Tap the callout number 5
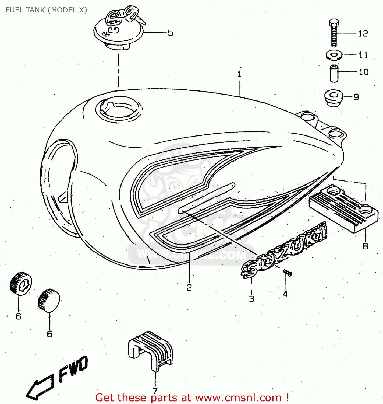pyautogui.click(x=170, y=33)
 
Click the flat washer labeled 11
pyautogui.click(x=334, y=55)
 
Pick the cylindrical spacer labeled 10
pyautogui.click(x=334, y=73)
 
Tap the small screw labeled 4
pyautogui.click(x=287, y=273)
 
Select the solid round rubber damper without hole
pyautogui.click(x=49, y=300)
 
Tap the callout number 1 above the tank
pyautogui.click(x=239, y=74)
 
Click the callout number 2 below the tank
pyautogui.click(x=189, y=288)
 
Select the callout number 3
pyautogui.click(x=251, y=298)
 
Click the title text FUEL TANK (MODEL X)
pyautogui.click(x=46, y=10)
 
